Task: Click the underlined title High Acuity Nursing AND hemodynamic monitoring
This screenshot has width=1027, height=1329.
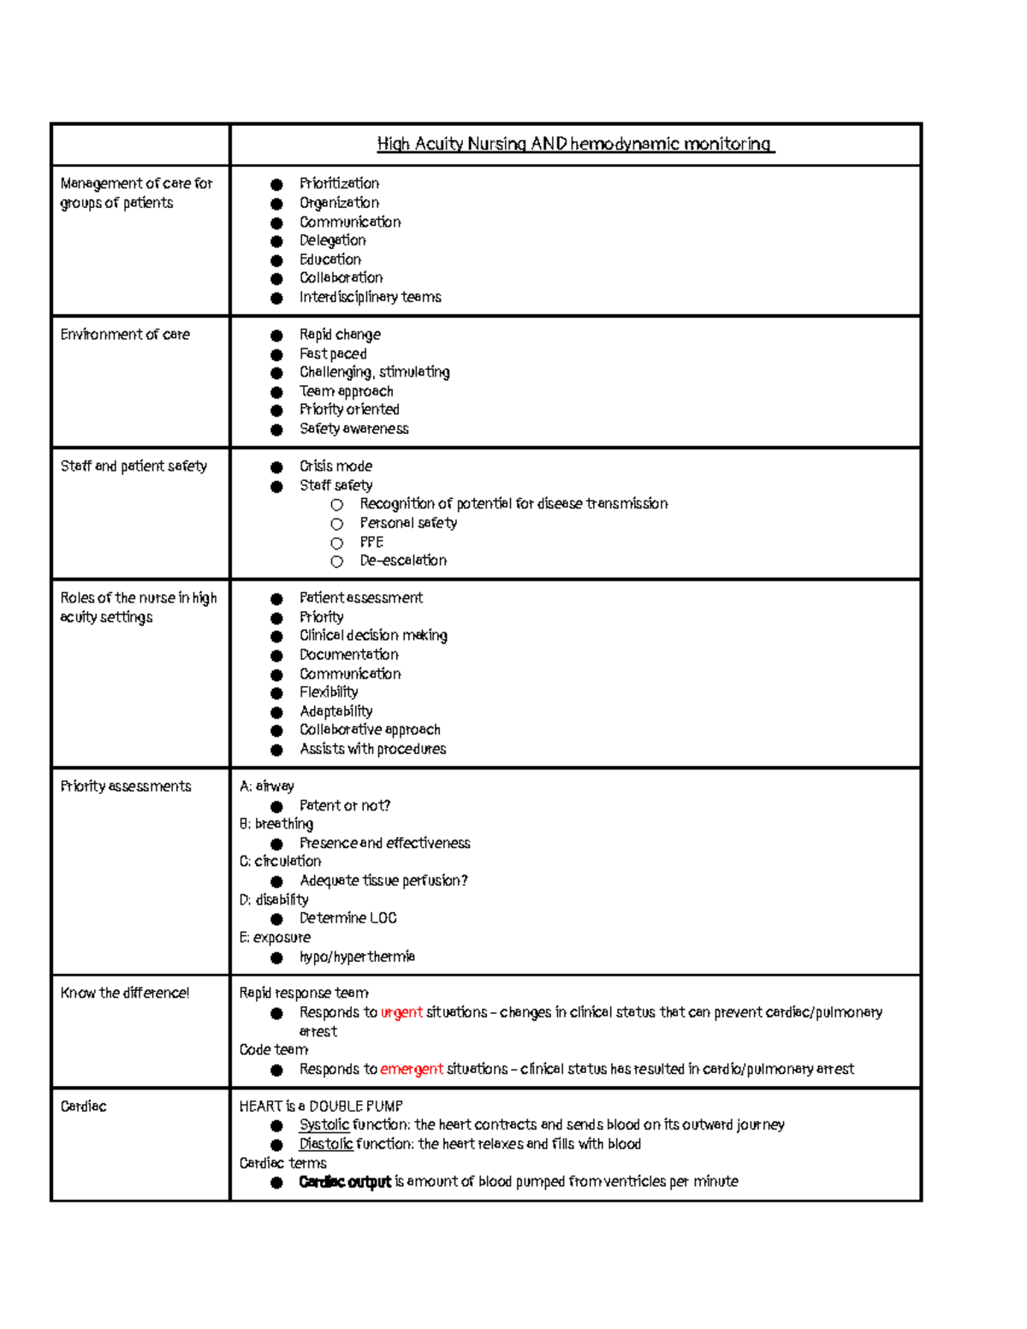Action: pyautogui.click(x=575, y=144)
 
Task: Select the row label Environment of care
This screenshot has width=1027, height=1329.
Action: pyautogui.click(x=125, y=335)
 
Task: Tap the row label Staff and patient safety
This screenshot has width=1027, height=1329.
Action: pyautogui.click(x=134, y=466)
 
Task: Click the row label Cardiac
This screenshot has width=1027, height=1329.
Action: pyautogui.click(x=83, y=1107)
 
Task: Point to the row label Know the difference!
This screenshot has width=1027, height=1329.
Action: pyautogui.click(x=125, y=994)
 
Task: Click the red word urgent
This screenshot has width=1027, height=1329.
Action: pyautogui.click(x=401, y=1012)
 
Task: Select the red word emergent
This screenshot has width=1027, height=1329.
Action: pyautogui.click(x=411, y=1069)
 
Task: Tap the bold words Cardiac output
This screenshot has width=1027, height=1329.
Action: pyautogui.click(x=345, y=1182)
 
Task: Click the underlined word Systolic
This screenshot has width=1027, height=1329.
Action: pyautogui.click(x=324, y=1125)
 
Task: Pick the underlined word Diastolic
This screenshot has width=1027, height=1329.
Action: pyautogui.click(x=325, y=1144)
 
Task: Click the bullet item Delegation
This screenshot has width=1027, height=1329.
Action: pyautogui.click(x=332, y=240)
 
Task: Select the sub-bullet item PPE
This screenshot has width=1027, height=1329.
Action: pyautogui.click(x=371, y=542)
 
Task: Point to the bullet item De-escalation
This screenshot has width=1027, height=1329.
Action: pyautogui.click(x=403, y=561)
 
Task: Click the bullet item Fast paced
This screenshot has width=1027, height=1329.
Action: pyautogui.click(x=333, y=353)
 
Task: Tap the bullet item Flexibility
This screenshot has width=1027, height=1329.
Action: pyautogui.click(x=329, y=692)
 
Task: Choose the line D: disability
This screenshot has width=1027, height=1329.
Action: pyautogui.click(x=274, y=899)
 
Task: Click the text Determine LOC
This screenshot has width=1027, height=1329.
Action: pyautogui.click(x=347, y=918)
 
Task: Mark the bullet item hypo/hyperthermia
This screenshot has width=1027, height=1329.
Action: pyautogui.click(x=357, y=957)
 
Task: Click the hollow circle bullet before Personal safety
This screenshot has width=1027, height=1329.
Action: pyautogui.click(x=337, y=524)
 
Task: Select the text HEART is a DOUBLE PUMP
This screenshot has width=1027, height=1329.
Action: pyautogui.click(x=321, y=1107)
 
